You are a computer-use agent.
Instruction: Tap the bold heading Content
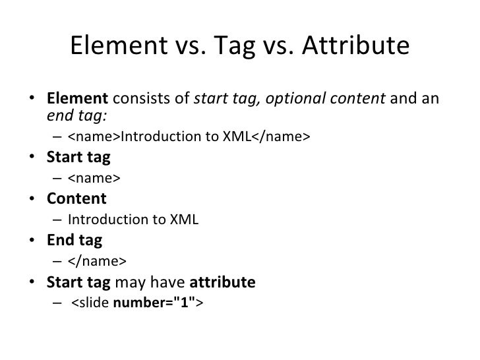point(76,198)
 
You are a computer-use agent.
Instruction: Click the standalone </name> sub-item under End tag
point(96,260)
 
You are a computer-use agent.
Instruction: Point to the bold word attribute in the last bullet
point(222,282)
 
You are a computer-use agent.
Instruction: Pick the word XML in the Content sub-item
point(185,220)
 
